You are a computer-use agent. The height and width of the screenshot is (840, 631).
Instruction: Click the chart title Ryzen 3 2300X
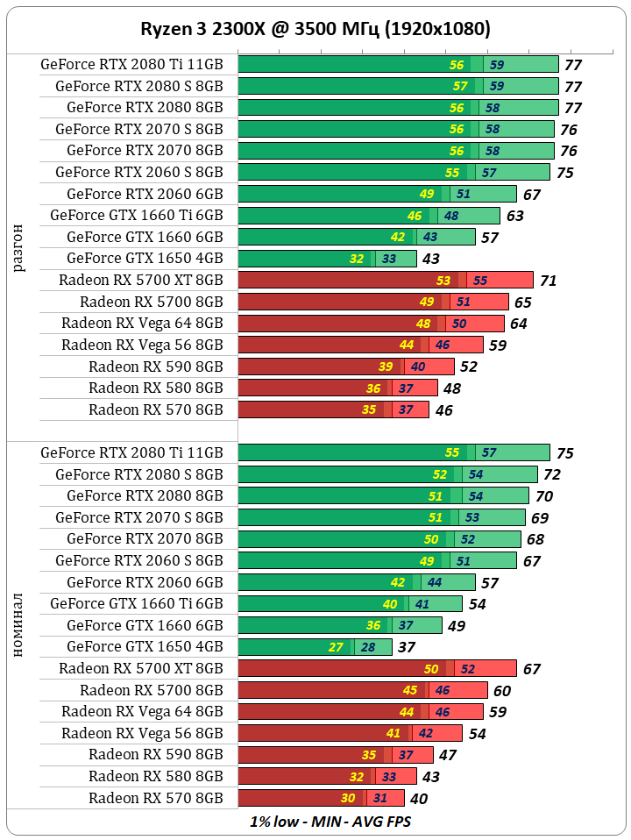(x=315, y=29)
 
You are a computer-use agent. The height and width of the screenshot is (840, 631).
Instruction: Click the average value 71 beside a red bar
(x=549, y=281)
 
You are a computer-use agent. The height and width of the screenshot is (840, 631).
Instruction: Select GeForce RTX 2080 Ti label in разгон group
(x=131, y=64)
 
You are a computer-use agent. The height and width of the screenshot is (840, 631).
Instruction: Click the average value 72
(x=552, y=474)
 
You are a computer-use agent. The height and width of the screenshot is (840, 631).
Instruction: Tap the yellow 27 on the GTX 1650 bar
(x=336, y=647)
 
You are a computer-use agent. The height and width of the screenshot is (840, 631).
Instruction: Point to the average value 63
(x=514, y=216)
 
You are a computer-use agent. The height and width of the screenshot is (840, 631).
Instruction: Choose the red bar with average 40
(x=321, y=798)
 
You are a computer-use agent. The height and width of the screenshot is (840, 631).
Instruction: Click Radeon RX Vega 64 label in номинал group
(x=142, y=711)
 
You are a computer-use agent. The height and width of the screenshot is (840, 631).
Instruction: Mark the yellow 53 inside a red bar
(x=443, y=281)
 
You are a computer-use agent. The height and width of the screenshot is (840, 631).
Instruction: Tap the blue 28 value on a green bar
(x=368, y=647)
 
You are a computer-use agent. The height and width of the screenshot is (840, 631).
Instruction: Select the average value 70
(x=544, y=496)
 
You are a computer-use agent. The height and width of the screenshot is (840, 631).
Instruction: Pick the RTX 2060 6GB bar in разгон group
(x=377, y=194)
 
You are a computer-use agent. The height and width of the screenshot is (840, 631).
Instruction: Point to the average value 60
(x=501, y=690)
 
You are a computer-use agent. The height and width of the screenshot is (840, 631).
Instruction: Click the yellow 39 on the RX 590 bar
(x=386, y=367)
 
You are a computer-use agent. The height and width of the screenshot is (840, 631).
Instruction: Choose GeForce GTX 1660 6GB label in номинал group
(x=145, y=625)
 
